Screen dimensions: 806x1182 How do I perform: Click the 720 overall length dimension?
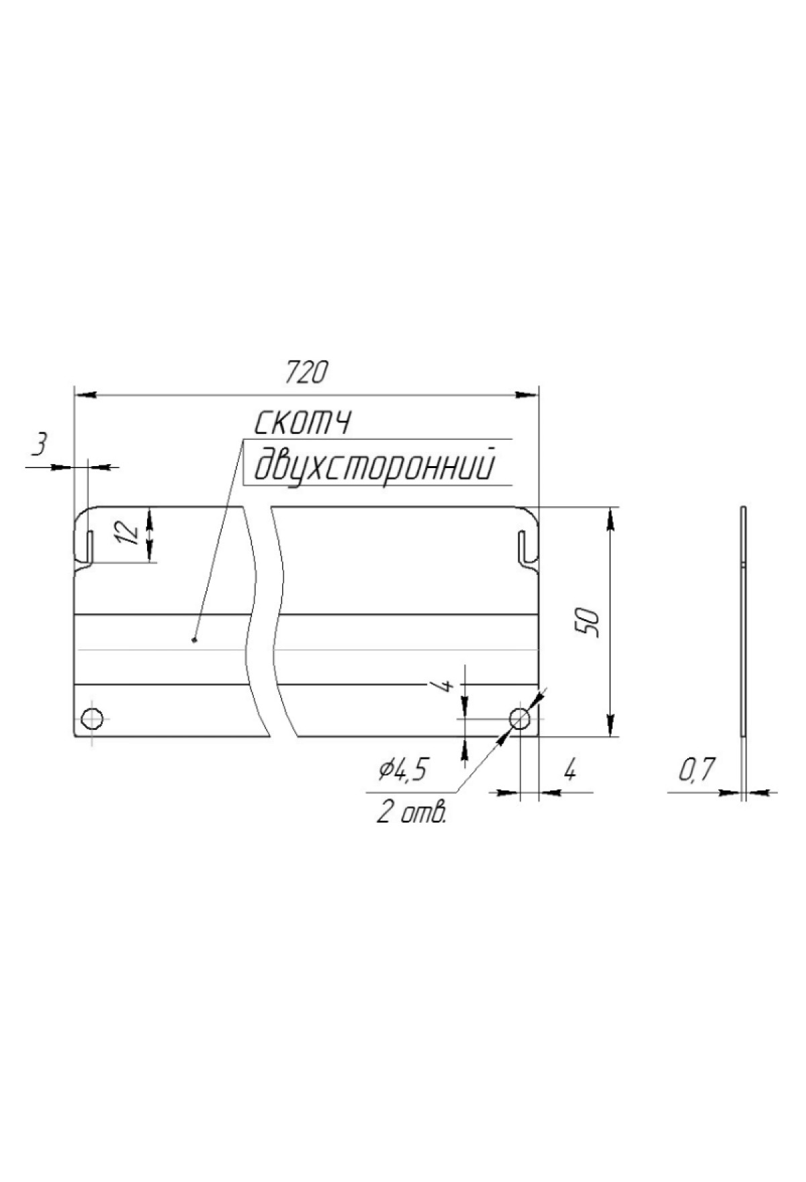click(305, 372)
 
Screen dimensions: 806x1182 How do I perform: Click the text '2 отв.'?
click(412, 813)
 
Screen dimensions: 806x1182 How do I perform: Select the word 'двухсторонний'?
click(375, 465)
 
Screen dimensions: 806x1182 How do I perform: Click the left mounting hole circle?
click(92, 718)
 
